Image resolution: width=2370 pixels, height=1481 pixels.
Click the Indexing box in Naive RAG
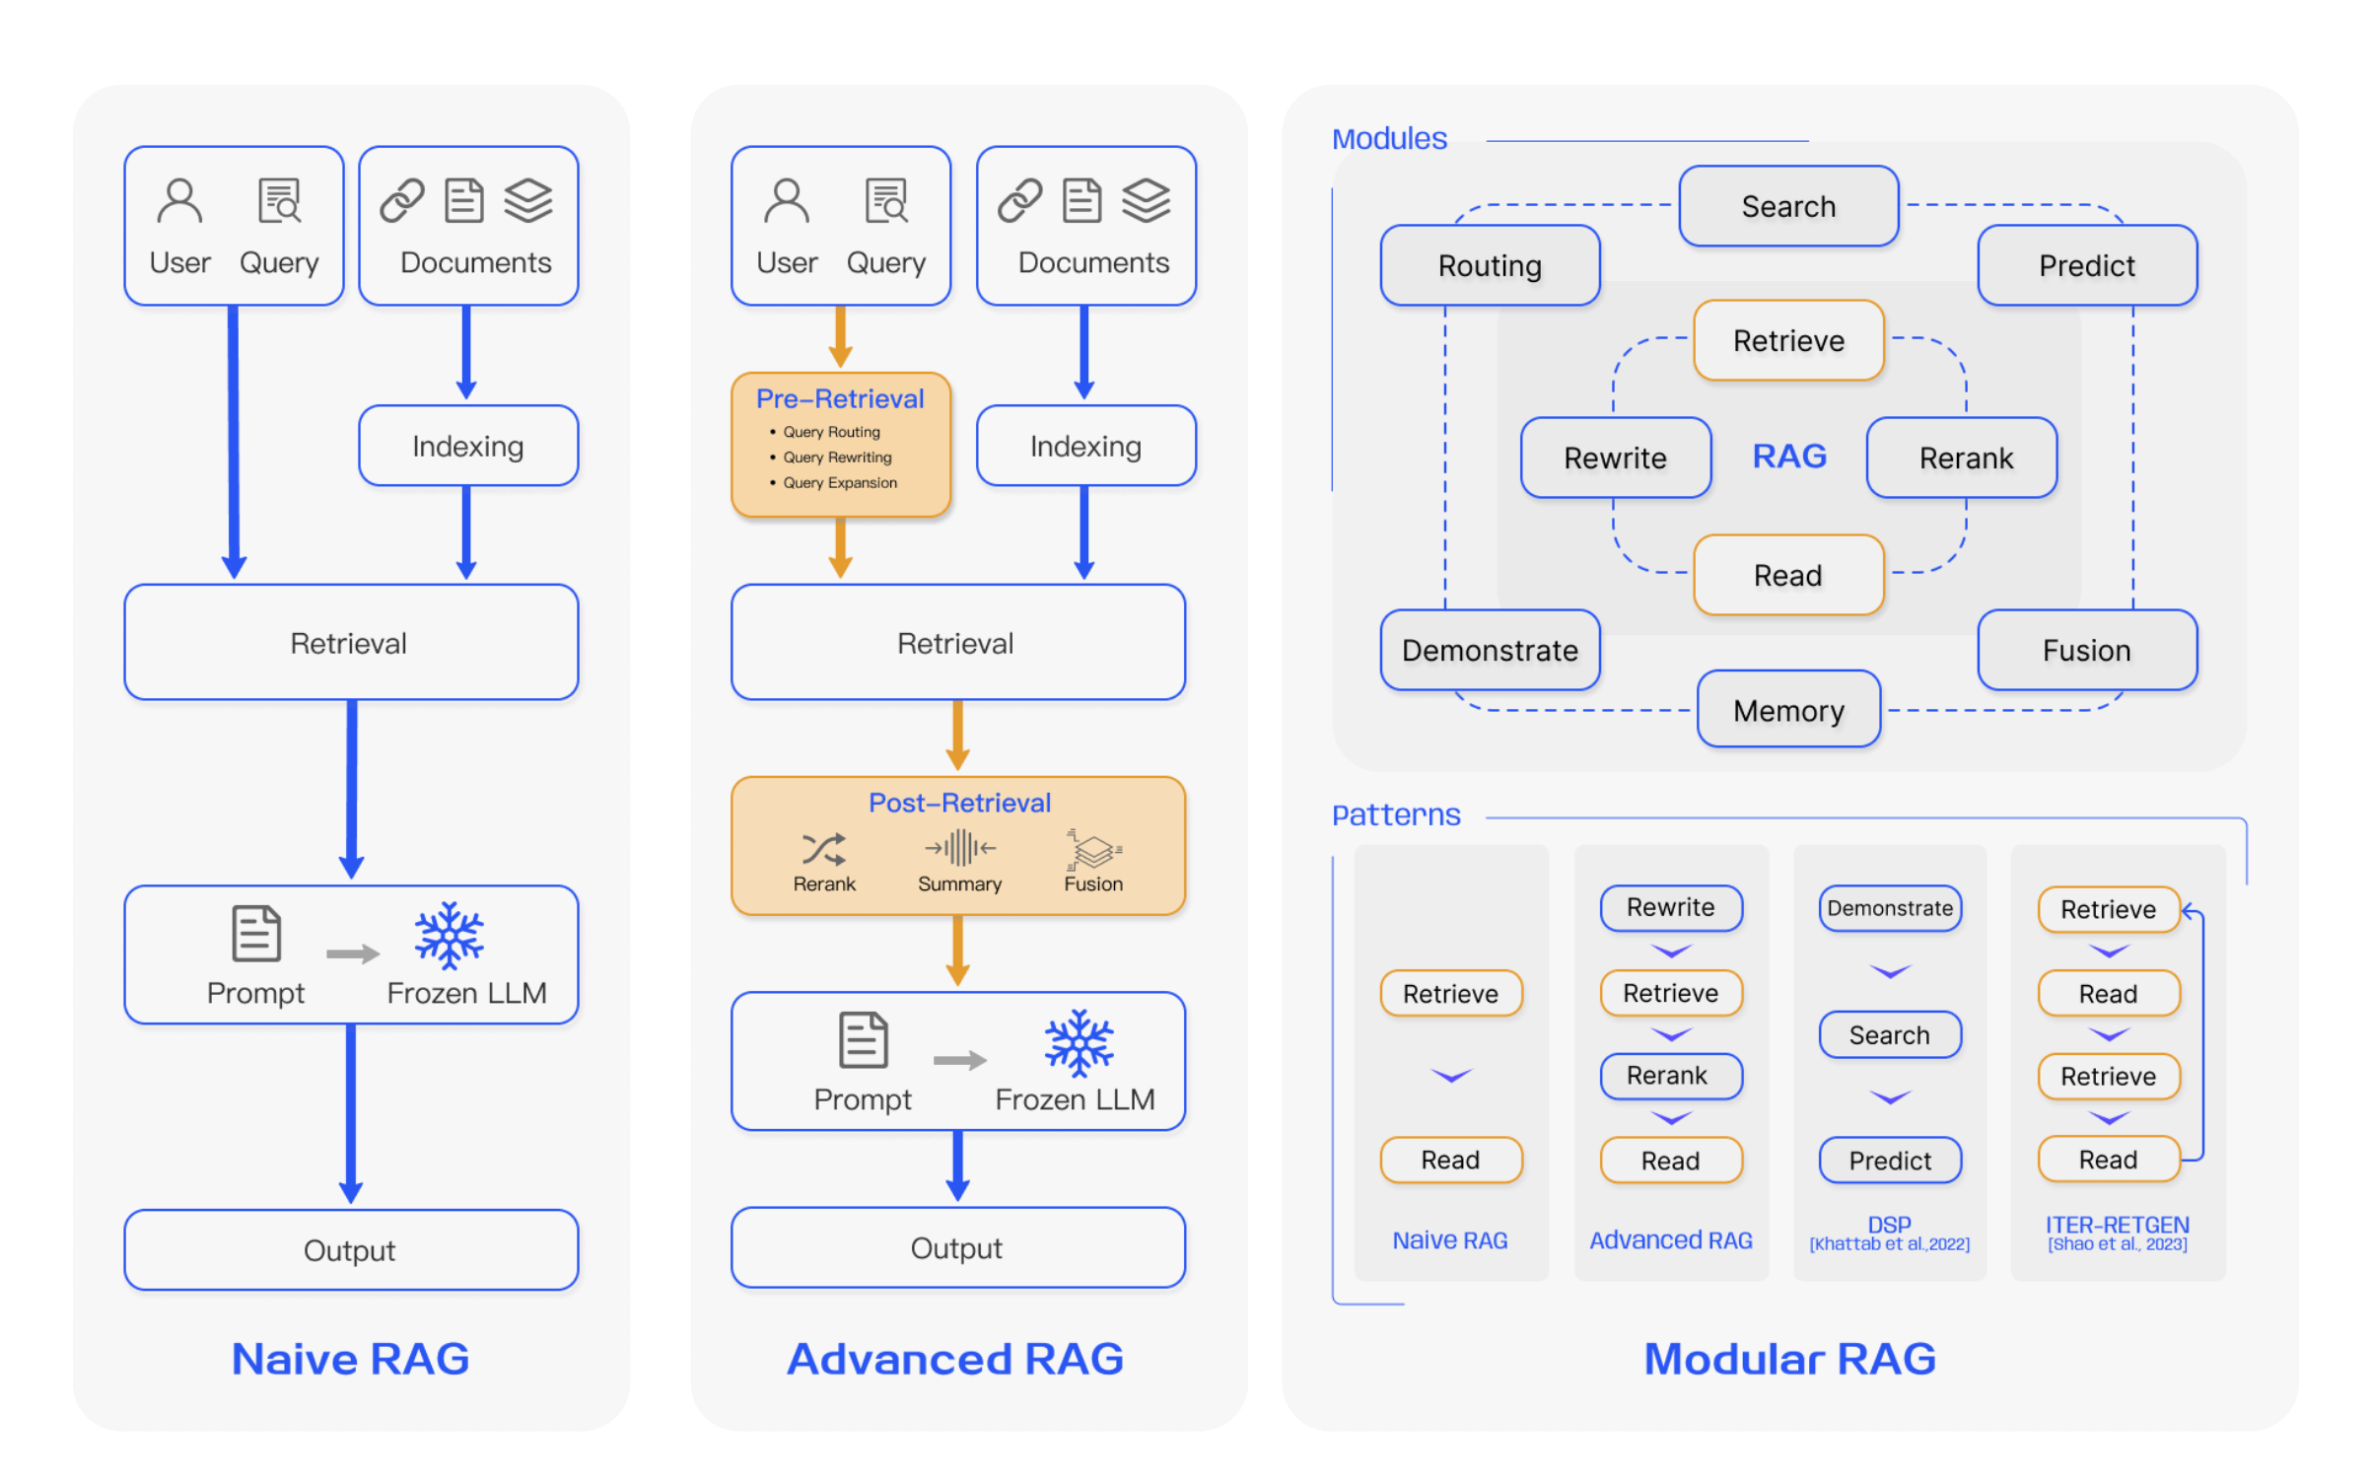tap(467, 446)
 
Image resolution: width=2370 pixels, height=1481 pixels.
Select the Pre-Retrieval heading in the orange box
tap(840, 398)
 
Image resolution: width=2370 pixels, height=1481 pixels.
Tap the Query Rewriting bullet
tap(837, 458)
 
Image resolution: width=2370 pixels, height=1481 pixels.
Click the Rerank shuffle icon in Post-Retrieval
tap(823, 849)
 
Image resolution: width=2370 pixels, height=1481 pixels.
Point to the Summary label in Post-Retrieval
tap(959, 884)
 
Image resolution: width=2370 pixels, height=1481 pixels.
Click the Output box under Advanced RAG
tap(957, 1248)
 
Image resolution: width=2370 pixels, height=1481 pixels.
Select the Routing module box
tap(1490, 265)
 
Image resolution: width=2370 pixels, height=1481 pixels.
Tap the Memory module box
tap(1788, 710)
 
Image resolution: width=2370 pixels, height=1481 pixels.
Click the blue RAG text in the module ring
tap(1789, 457)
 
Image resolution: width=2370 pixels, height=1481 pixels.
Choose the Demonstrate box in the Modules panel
tap(1490, 650)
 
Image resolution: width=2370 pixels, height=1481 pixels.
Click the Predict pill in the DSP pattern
tap(1890, 1161)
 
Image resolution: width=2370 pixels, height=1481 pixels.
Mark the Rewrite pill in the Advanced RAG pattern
tap(1671, 907)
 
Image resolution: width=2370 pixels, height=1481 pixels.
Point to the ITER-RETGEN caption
tap(2118, 1226)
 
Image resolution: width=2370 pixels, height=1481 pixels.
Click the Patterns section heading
tap(1396, 815)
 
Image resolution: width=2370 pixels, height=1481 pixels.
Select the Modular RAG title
tap(1789, 1359)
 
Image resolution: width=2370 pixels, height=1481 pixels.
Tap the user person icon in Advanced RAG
tap(786, 201)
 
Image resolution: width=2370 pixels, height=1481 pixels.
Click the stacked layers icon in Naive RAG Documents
tap(528, 200)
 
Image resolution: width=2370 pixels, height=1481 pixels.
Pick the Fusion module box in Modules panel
tap(2087, 650)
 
